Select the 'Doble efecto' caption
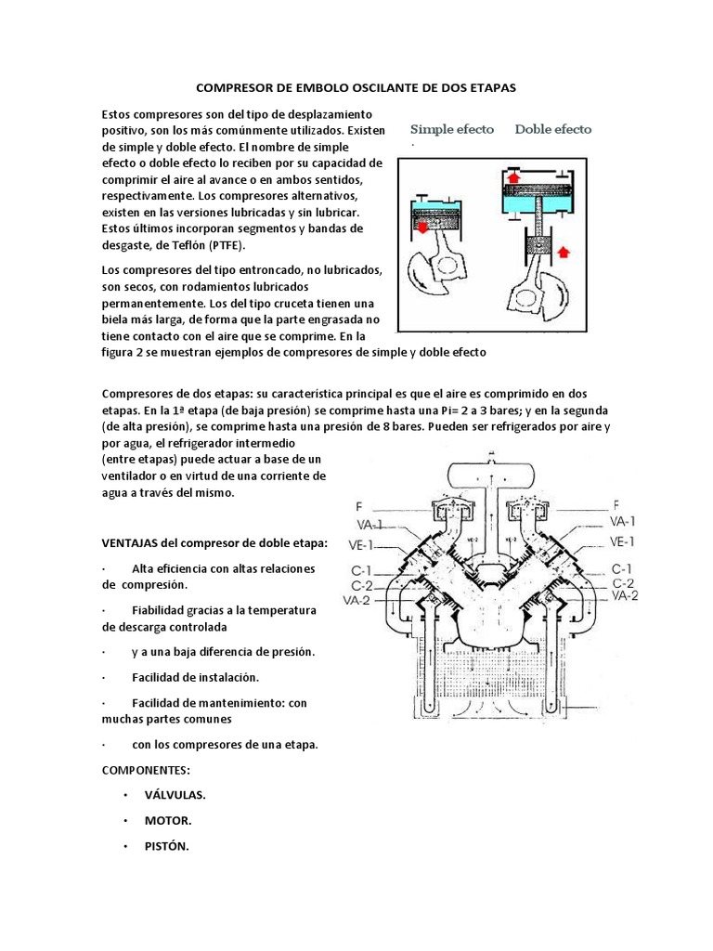tap(553, 129)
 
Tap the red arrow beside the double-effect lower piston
tap(564, 251)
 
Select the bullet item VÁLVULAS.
tap(175, 796)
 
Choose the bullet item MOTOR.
tap(168, 821)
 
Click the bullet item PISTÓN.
tap(167, 846)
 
